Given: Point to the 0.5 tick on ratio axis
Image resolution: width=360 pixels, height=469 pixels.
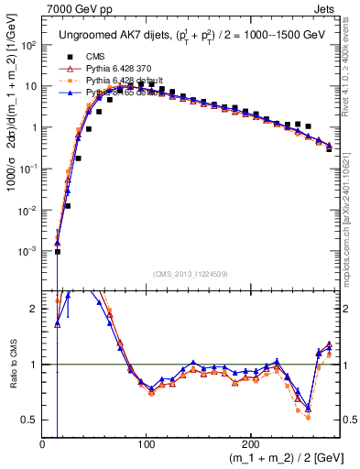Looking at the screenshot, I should coord(30,420).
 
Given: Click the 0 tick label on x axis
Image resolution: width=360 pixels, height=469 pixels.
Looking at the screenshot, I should coord(43,442).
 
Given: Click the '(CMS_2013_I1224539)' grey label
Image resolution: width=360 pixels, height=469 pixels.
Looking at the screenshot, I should coord(191,273).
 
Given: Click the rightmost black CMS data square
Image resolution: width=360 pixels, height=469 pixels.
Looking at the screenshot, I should coord(329,148).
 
